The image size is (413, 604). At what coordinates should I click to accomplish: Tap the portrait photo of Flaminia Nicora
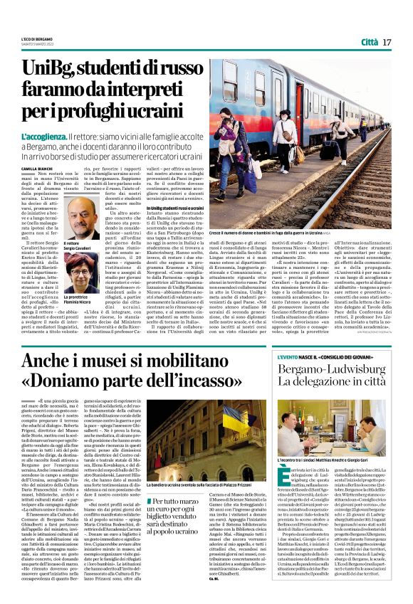[x=83, y=277]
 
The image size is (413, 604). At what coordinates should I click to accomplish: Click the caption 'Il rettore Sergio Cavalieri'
[x=78, y=248]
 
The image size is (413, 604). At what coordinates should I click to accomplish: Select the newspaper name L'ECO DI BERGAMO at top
[x=36, y=37]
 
